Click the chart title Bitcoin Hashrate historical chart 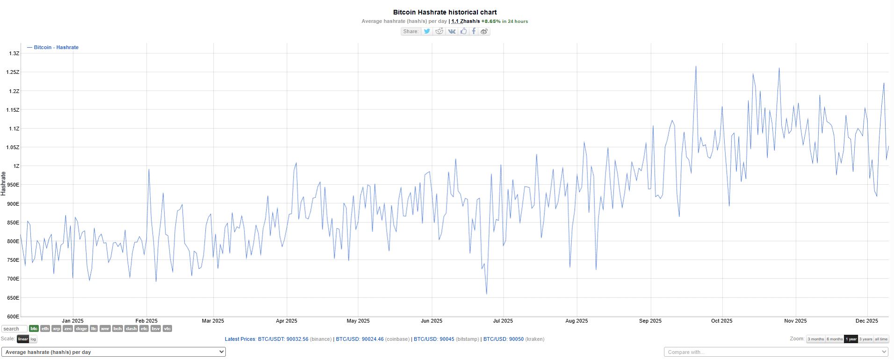point(445,12)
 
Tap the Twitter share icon point(427,31)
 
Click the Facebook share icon point(474,31)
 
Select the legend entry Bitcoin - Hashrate point(56,47)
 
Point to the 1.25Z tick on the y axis point(13,72)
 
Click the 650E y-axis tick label point(13,298)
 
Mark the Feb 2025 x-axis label point(146,321)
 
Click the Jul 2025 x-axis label point(503,321)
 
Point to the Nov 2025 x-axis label point(795,321)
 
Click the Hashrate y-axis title point(4,183)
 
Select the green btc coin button point(34,329)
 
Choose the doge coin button point(81,329)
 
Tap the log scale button point(33,339)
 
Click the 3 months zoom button point(815,339)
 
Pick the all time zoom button point(881,339)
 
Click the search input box point(14,329)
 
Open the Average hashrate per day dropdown point(114,352)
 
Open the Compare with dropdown point(776,352)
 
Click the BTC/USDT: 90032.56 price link point(283,339)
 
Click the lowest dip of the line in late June point(487,294)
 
